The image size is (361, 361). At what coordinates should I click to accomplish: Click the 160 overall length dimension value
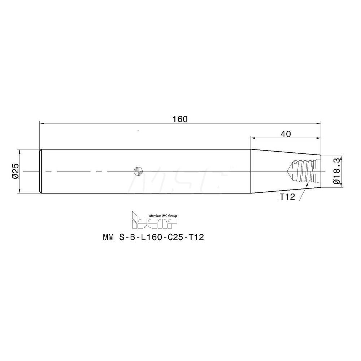(x=180, y=119)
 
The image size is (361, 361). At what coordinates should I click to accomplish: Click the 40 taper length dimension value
(x=286, y=134)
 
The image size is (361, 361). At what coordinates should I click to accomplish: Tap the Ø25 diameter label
(x=15, y=171)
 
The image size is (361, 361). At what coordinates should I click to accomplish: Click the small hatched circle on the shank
(x=138, y=171)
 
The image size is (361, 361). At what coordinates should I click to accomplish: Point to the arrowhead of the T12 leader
(x=308, y=184)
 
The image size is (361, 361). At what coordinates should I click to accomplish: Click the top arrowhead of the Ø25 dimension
(x=20, y=151)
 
